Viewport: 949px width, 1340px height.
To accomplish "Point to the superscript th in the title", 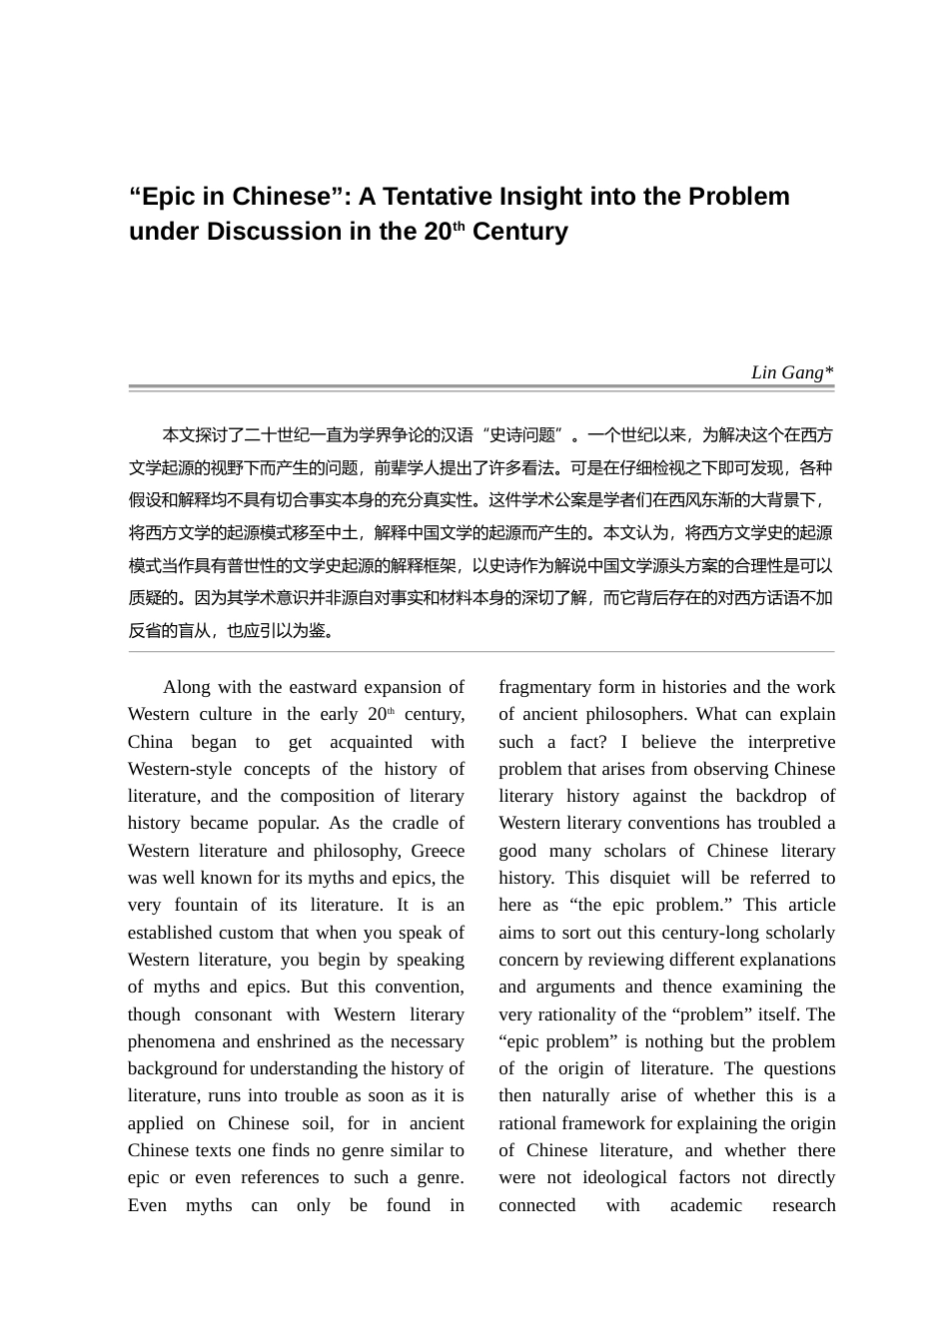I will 460,226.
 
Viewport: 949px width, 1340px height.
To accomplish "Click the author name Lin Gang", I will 786,372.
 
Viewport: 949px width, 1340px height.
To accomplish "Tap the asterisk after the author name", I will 829,371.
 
